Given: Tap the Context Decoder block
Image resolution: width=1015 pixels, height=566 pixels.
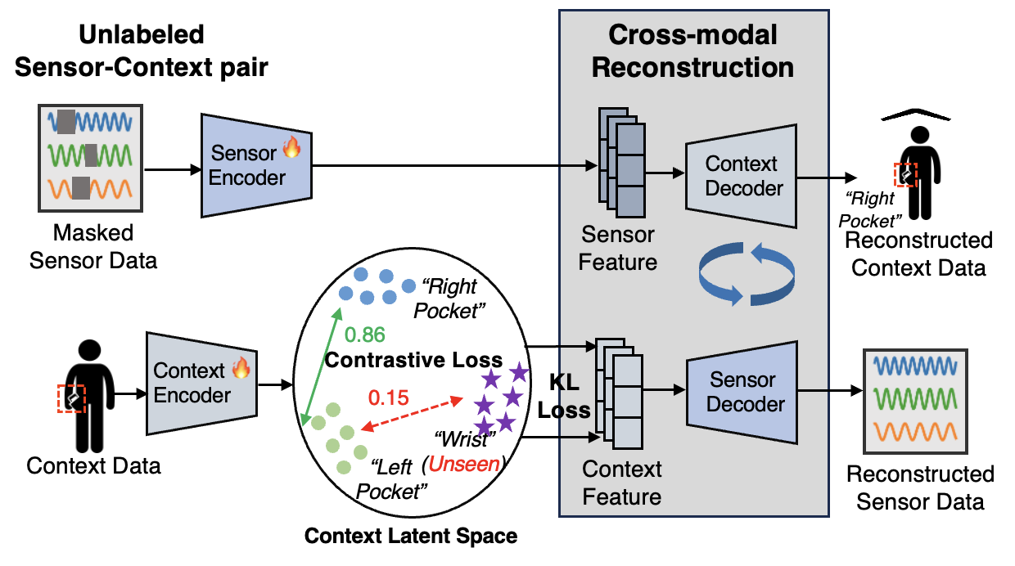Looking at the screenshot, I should click(741, 177).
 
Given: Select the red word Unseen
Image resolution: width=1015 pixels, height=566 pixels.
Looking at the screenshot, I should click(463, 464).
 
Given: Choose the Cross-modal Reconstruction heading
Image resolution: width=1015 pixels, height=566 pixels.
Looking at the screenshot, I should click(692, 51).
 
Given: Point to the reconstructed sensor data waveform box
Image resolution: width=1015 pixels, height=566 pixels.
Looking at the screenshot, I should click(915, 401).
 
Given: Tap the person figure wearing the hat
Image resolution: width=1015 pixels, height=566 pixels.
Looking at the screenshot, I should click(914, 168).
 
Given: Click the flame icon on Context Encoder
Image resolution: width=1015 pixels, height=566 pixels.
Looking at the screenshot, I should click(241, 369).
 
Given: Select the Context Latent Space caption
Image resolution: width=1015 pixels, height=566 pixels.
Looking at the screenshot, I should click(411, 537).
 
